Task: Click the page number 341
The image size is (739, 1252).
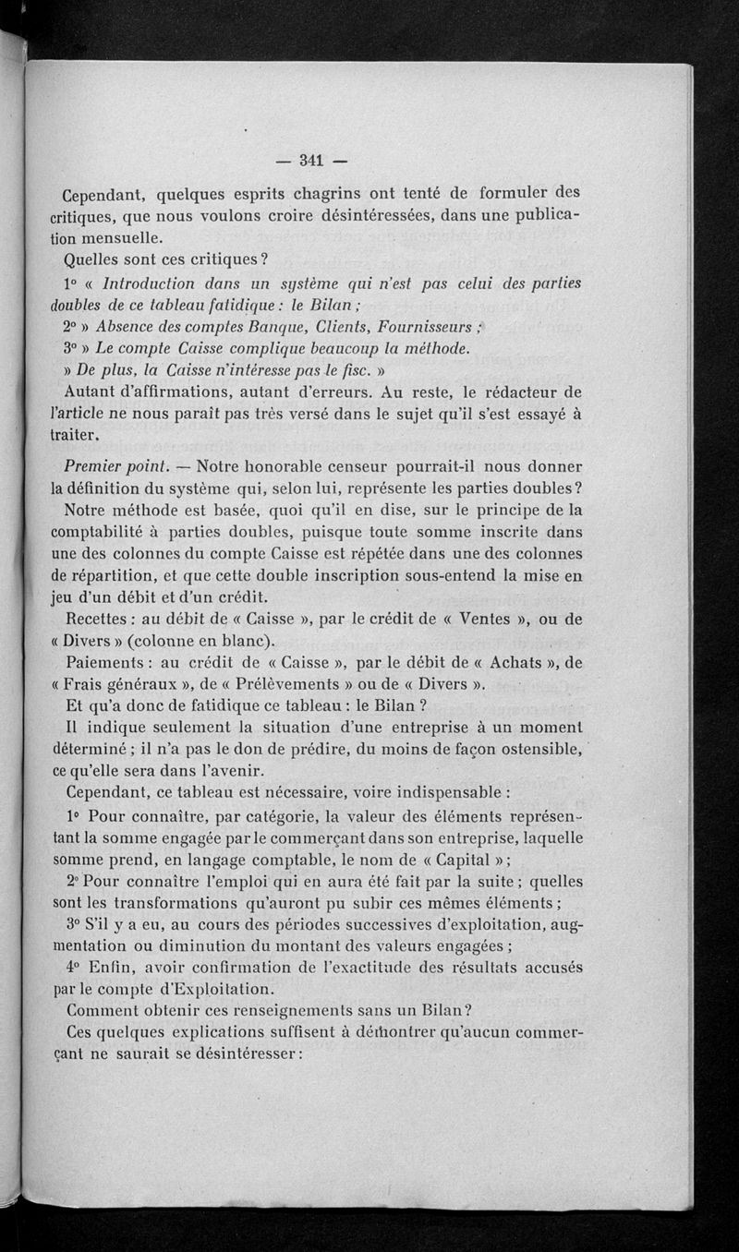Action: point(310,162)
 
